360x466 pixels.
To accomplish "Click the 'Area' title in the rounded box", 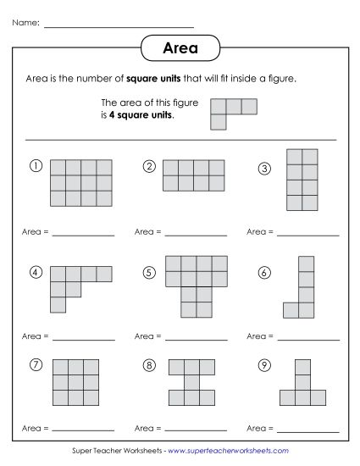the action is pos(180,48).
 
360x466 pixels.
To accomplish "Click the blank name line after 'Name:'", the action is pos(118,25).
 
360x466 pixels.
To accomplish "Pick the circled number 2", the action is pos(149,166).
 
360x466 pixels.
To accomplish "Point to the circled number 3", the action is pos(263,169).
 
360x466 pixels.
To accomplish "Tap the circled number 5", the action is pos(149,273).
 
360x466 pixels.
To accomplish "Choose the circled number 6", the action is pos(263,273).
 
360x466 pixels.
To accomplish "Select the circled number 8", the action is pos(149,365).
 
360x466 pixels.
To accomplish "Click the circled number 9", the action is pos(263,365).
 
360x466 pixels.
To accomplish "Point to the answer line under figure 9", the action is pos(307,430).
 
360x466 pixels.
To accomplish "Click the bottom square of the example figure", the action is pos(219,121).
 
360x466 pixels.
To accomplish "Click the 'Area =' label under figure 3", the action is pos(258,230).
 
